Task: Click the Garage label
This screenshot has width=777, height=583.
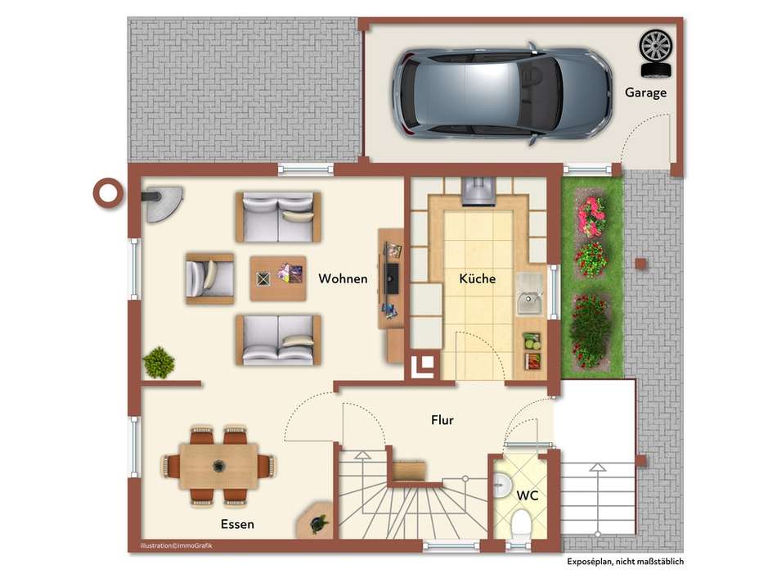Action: (645, 93)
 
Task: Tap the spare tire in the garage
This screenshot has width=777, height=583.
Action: (656, 53)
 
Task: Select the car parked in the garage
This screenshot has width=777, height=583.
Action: (502, 94)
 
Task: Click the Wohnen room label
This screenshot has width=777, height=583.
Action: (343, 278)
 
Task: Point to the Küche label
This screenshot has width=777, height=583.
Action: (477, 278)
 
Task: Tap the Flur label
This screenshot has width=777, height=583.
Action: (442, 420)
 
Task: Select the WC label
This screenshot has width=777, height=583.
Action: (528, 495)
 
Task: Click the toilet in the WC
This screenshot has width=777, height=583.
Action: (520, 525)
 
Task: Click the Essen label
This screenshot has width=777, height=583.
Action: (237, 524)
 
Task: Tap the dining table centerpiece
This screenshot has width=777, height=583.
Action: (218, 466)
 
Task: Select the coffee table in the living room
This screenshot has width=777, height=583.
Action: (278, 278)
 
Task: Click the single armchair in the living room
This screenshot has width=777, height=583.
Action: (209, 278)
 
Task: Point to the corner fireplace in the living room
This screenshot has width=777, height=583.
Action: (162, 202)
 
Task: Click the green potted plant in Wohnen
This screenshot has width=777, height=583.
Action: (159, 362)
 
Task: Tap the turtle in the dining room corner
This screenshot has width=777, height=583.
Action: (319, 524)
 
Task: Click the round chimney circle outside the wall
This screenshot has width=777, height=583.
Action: (107, 193)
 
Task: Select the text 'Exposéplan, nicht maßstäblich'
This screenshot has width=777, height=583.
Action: (626, 562)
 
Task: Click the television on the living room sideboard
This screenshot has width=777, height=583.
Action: (393, 278)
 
